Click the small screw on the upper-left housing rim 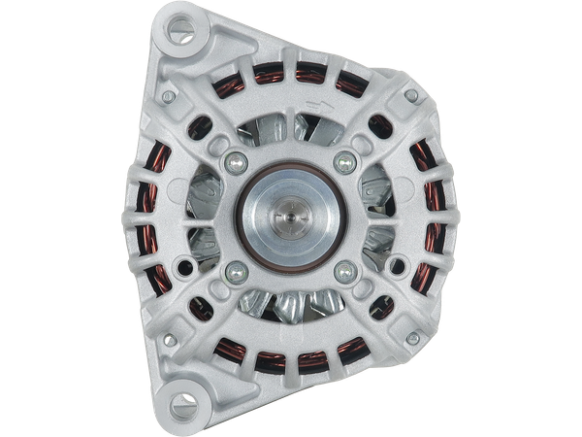167,97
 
